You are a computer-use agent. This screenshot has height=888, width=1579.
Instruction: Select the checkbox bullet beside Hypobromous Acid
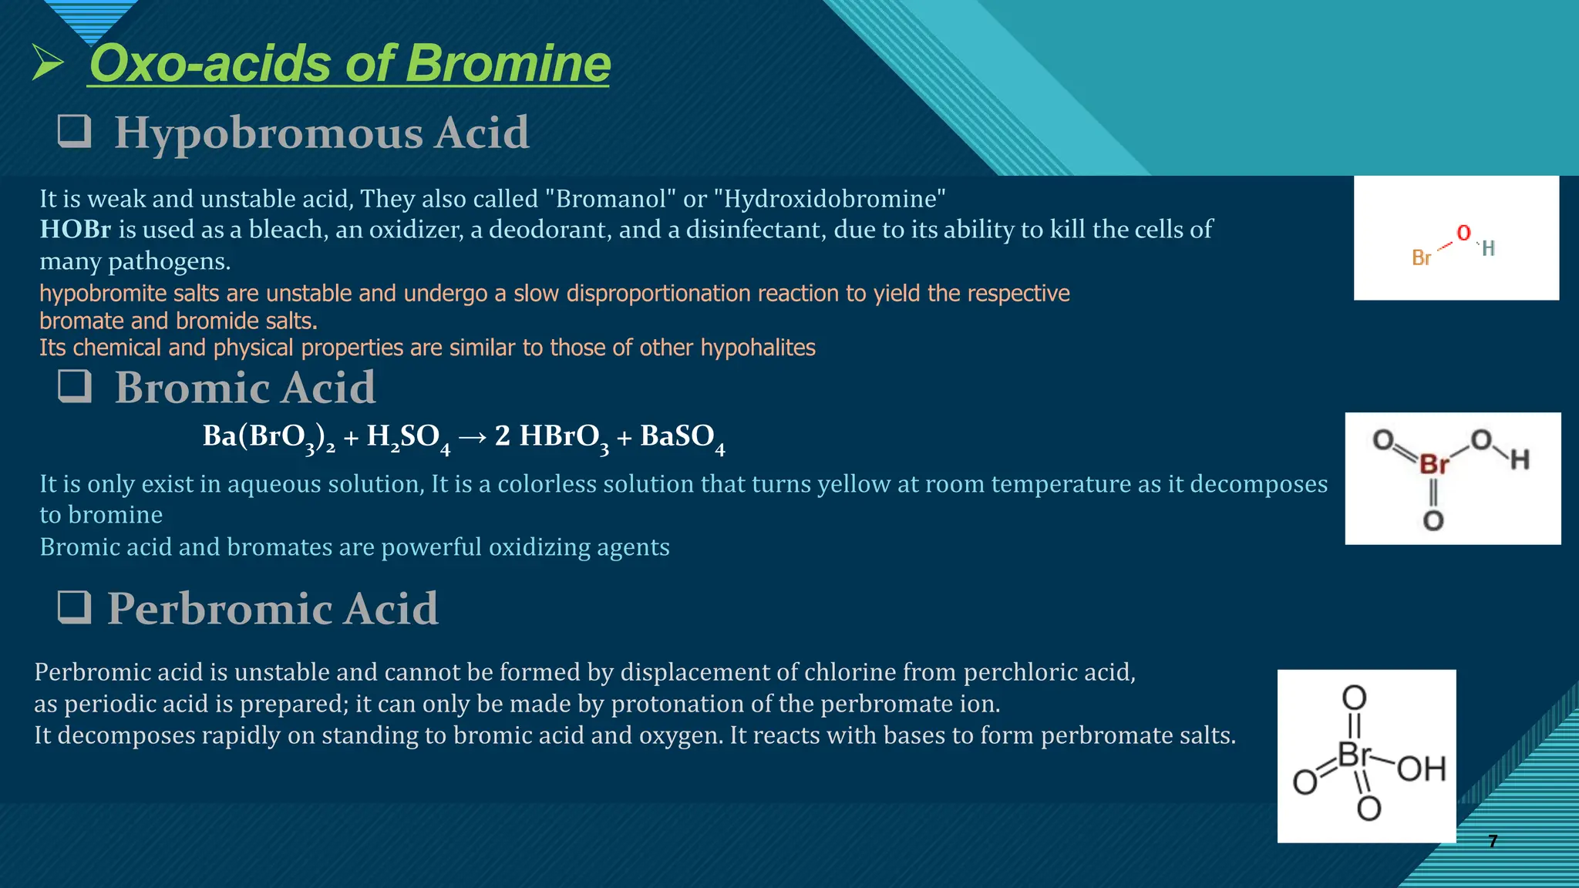[x=75, y=131]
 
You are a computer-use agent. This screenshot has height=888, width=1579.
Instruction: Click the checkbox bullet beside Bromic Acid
[x=75, y=385]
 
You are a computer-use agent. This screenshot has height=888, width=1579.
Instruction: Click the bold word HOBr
[x=75, y=230]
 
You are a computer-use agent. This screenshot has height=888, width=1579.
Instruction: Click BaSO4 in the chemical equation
[x=682, y=438]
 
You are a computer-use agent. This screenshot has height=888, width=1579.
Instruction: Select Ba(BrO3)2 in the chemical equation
[x=268, y=438]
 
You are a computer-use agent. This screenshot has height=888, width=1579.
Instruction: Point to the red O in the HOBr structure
[x=1463, y=233]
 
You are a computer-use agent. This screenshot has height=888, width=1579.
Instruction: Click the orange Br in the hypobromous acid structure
[x=1421, y=258]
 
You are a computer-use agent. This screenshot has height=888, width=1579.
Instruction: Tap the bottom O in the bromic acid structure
[x=1433, y=521]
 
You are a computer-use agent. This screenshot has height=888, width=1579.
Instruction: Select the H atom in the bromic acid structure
[x=1520, y=460]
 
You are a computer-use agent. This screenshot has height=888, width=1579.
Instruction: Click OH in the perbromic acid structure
[x=1421, y=769]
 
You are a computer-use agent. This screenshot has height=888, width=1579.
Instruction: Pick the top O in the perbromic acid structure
[x=1355, y=698]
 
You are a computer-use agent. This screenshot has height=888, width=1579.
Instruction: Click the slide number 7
[x=1493, y=841]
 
